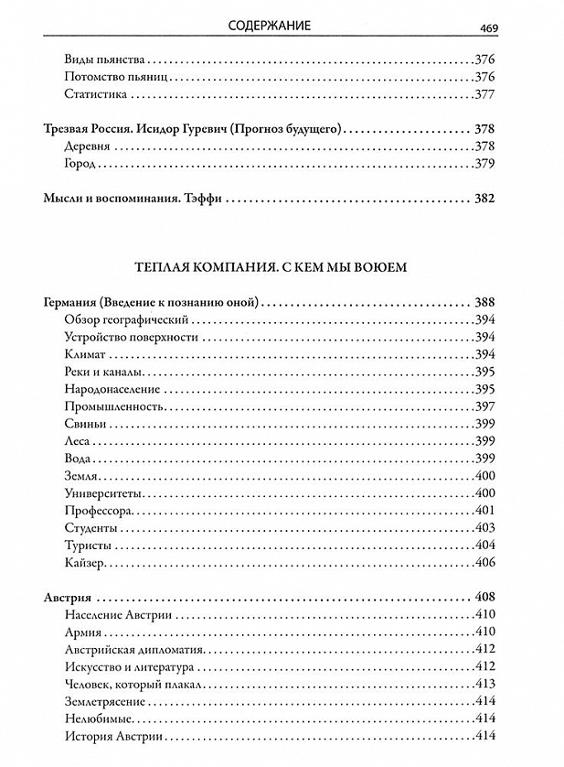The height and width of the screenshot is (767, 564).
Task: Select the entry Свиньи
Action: [86, 423]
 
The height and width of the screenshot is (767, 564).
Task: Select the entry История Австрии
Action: [114, 736]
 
